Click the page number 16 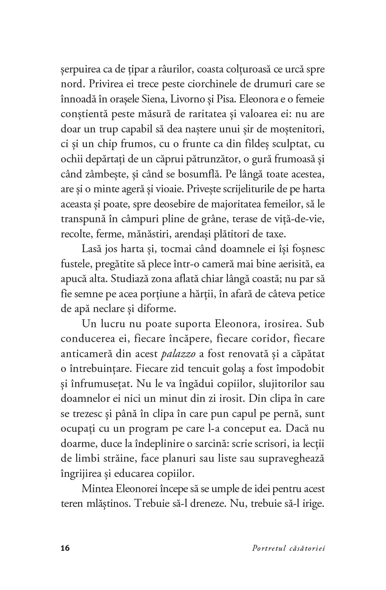click(x=65, y=548)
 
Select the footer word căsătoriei click(x=307, y=548)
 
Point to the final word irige click(x=314, y=504)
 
